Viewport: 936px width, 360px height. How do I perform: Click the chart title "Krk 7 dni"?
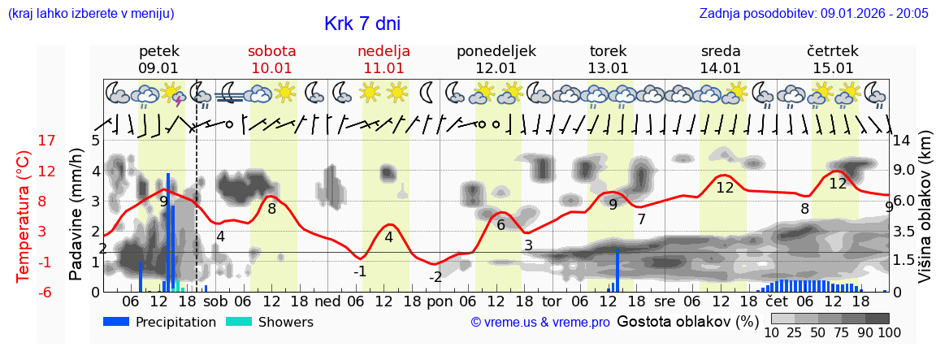tap(362, 24)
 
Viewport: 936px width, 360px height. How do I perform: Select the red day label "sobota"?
tap(271, 51)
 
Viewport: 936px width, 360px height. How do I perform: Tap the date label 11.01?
tap(383, 68)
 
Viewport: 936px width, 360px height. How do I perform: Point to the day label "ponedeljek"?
tap(496, 51)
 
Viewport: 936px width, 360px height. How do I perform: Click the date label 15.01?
tap(833, 68)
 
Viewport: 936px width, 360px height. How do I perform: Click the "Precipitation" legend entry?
tap(159, 322)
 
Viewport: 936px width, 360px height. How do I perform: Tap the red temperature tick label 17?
tap(46, 141)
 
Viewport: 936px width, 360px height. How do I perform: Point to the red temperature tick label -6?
tap(46, 292)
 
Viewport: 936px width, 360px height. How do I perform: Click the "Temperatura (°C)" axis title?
tap(24, 216)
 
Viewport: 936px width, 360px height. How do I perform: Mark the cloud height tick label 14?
tap(903, 141)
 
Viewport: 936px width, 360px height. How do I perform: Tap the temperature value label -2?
tap(435, 277)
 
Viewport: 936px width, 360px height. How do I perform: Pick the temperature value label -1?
tap(360, 271)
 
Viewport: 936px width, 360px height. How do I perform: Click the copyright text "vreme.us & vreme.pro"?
tap(540, 323)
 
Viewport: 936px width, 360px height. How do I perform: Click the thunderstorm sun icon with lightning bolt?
tap(173, 93)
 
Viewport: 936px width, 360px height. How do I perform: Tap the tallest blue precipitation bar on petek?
tap(168, 232)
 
